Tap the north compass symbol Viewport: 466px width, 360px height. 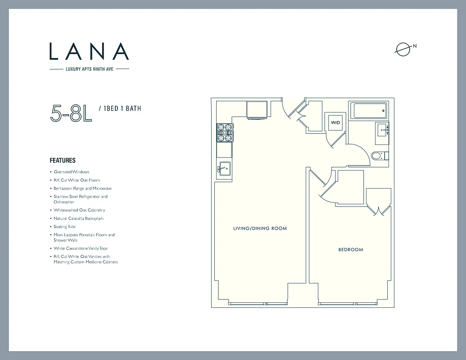[403, 49]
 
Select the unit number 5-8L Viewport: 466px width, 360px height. [71, 113]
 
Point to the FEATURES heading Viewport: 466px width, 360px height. [63, 160]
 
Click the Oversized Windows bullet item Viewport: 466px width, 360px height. [71, 172]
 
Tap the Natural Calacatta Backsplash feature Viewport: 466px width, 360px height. [78, 218]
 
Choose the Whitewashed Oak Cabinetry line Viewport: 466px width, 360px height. [79, 210]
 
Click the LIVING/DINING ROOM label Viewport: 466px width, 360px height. [260, 229]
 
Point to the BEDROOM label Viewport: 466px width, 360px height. [350, 249]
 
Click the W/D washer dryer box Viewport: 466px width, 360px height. [335, 122]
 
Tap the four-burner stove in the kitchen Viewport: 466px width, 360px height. [225, 132]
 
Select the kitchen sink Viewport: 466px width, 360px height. [224, 169]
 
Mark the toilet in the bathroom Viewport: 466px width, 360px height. [378, 156]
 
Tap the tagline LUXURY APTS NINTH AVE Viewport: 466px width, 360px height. [89, 69]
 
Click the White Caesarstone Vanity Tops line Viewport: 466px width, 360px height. [81, 248]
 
